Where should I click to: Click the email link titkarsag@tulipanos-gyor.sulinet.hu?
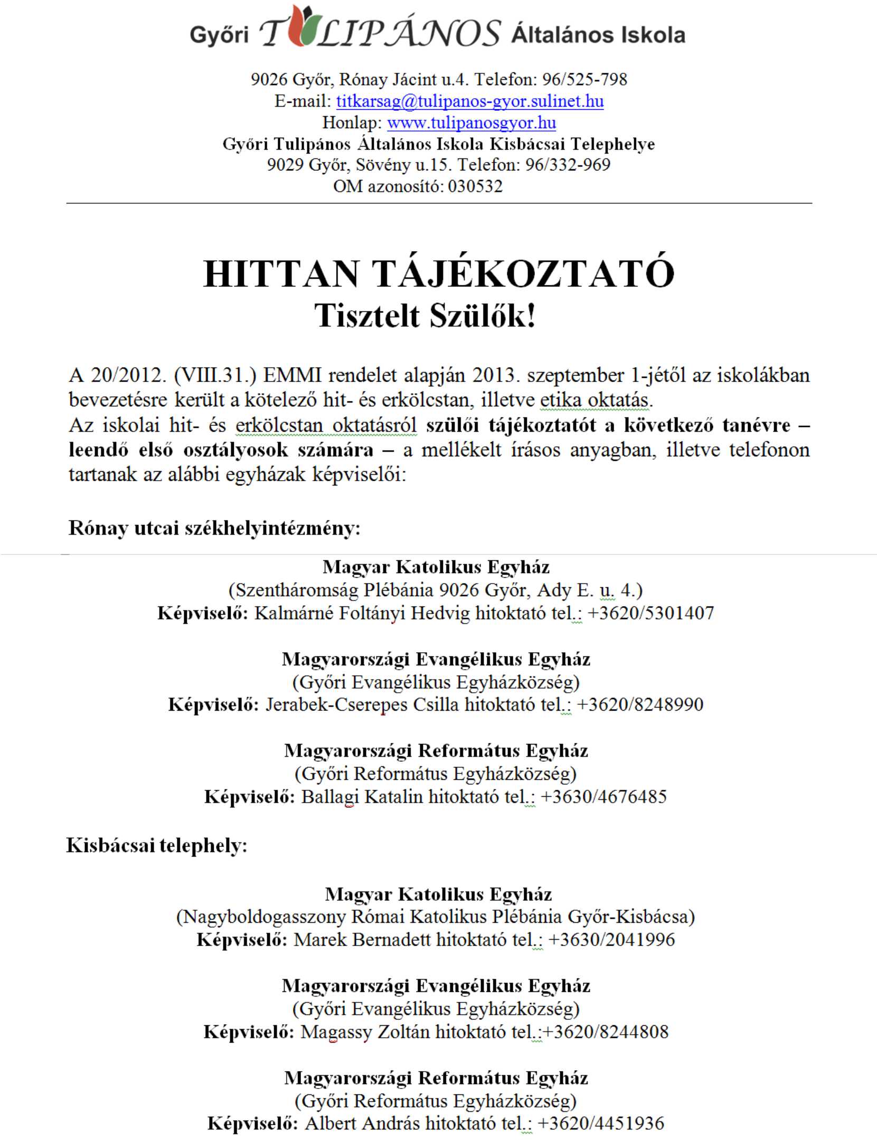point(469,101)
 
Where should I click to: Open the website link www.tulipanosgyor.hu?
point(471,122)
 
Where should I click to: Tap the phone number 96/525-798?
point(584,79)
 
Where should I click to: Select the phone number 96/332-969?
point(568,165)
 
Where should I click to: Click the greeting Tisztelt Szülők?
point(425,316)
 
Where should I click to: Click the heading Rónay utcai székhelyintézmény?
point(214,528)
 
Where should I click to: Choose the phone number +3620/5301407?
point(650,613)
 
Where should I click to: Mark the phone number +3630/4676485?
point(604,796)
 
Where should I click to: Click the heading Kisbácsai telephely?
point(156,845)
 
